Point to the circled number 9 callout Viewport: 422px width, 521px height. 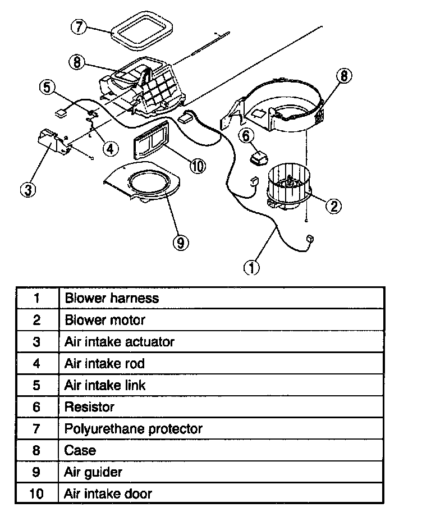coord(180,242)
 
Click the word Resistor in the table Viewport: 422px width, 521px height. coord(90,407)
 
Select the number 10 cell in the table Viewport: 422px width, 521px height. coord(36,494)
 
